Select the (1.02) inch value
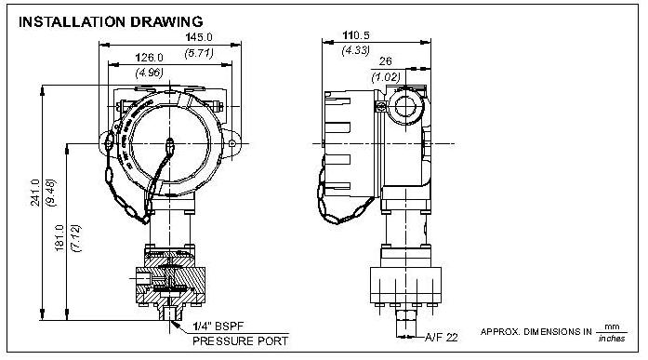386,76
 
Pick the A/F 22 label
441,338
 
